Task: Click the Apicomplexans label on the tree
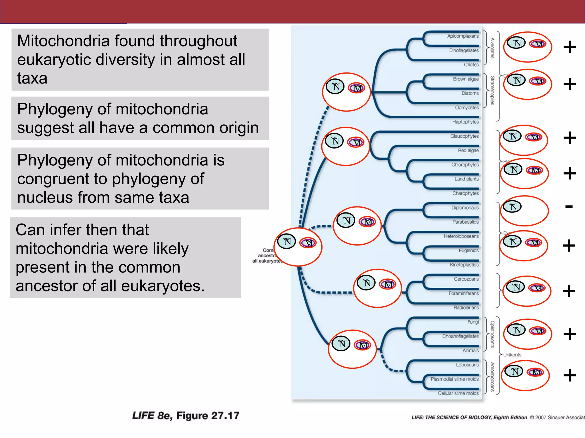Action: tap(463, 36)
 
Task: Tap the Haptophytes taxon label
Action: tap(465, 122)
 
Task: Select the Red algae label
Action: tap(468, 151)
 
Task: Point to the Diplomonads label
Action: tap(465, 208)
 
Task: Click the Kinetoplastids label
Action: tap(464, 265)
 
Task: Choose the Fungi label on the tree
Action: tap(473, 322)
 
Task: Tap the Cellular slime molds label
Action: tap(458, 394)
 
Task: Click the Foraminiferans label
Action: tap(463, 293)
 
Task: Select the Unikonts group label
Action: tap(512, 355)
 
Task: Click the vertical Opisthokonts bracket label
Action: tap(492, 334)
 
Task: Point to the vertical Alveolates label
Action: tap(492, 48)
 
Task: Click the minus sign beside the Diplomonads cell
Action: tap(569, 206)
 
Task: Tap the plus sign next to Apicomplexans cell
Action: tap(570, 47)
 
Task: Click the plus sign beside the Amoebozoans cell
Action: tap(570, 375)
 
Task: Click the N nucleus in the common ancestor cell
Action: tap(287, 242)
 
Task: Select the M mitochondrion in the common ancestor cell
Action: tap(308, 243)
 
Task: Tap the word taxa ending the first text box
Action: tap(32, 78)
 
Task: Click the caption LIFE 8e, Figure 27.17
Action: tap(185, 416)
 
